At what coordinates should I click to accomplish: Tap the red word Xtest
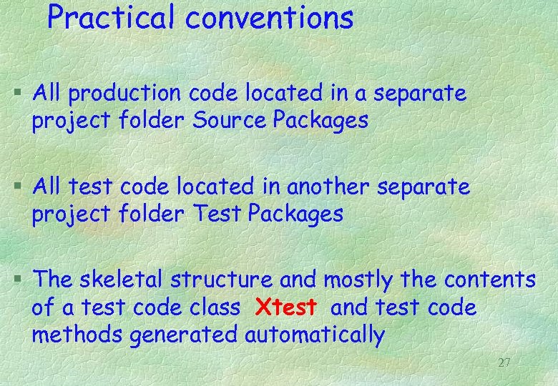pos(285,308)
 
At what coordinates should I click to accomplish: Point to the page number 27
pos(504,362)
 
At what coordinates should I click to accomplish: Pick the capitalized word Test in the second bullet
pos(215,213)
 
